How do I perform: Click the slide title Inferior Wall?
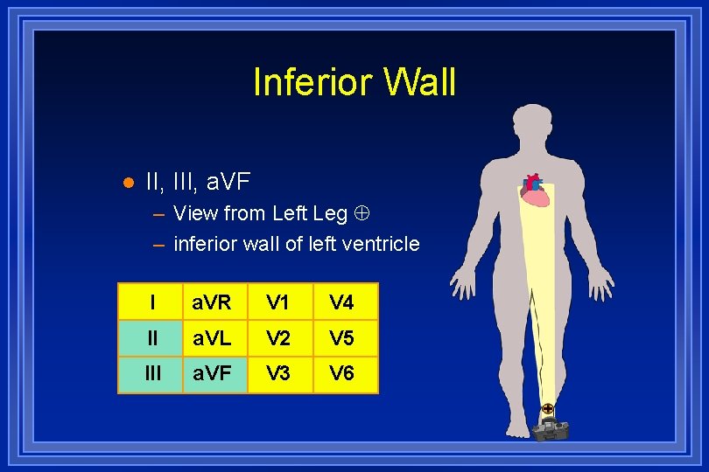(354, 82)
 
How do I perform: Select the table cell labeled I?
(151, 302)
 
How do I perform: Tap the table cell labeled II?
(151, 338)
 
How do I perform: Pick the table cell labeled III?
(151, 374)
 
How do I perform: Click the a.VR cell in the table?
(213, 302)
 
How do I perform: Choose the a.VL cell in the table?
(213, 338)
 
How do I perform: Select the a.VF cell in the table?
(213, 374)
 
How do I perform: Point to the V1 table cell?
(278, 302)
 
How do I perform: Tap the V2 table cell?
(278, 338)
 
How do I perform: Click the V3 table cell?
(278, 374)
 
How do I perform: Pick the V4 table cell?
(341, 302)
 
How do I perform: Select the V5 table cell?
(341, 338)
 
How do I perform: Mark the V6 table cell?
(341, 374)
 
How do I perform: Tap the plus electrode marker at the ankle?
(547, 408)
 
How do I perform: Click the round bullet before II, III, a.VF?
(128, 183)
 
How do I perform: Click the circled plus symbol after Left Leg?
(360, 213)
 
